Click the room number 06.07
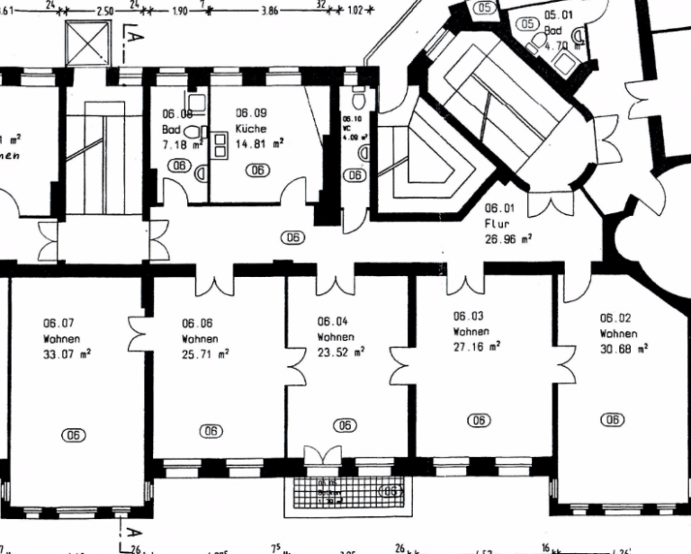click(x=61, y=322)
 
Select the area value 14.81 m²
click(x=260, y=142)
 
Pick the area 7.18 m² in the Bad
click(x=178, y=144)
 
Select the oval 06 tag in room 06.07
click(x=74, y=434)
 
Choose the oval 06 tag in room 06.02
click(x=613, y=419)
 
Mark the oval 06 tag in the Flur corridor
click(x=292, y=237)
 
